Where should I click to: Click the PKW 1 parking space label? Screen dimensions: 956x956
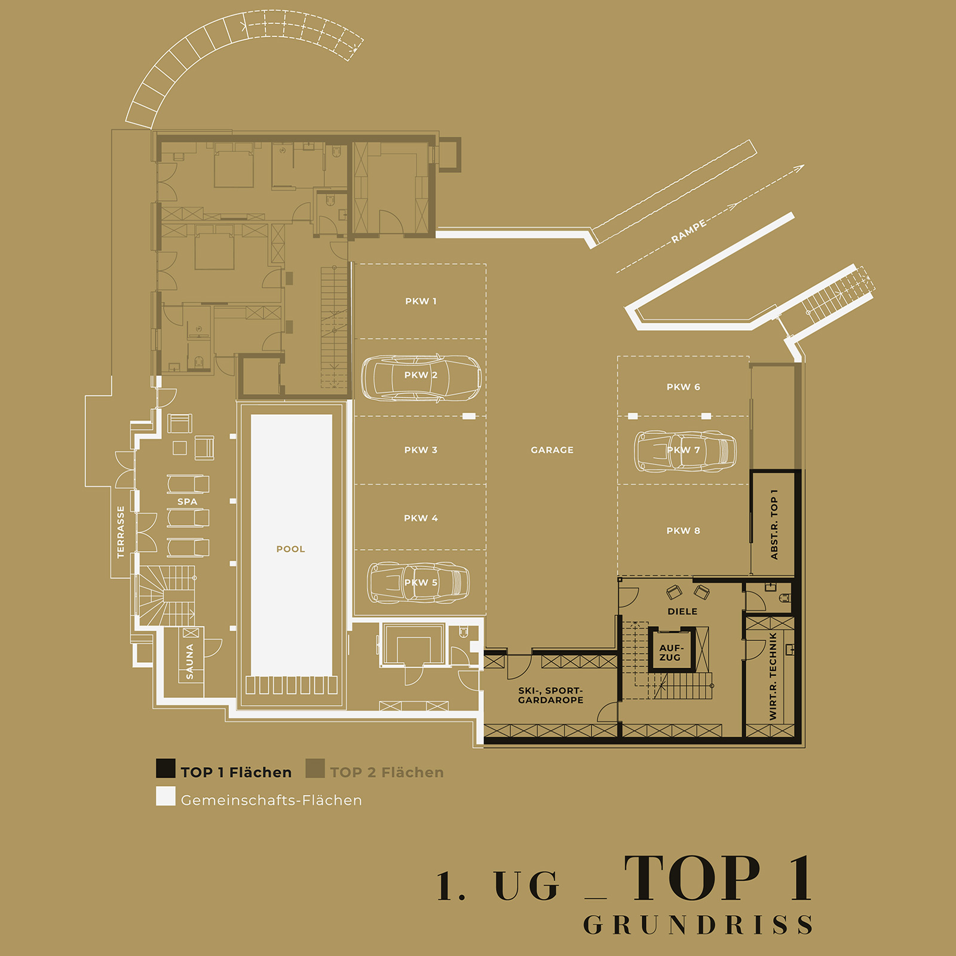click(x=421, y=301)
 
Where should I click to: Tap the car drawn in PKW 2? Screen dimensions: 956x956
click(x=421, y=378)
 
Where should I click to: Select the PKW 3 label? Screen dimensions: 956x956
click(x=421, y=450)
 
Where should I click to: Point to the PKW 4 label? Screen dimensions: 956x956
click(x=421, y=518)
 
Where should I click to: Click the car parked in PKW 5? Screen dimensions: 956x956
click(x=418, y=583)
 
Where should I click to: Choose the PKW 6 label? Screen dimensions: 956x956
click(x=683, y=387)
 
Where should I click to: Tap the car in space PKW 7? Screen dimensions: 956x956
click(x=685, y=451)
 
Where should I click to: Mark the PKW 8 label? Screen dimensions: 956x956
click(x=683, y=531)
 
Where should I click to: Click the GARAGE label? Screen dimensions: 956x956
click(x=552, y=450)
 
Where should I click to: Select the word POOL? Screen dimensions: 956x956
click(x=290, y=549)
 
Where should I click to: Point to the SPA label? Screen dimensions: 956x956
click(x=187, y=502)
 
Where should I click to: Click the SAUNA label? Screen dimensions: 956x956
click(x=190, y=661)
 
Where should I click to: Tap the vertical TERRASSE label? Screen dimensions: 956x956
click(x=121, y=532)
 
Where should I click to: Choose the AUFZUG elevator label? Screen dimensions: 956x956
click(x=670, y=652)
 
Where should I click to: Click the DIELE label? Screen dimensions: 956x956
click(x=682, y=611)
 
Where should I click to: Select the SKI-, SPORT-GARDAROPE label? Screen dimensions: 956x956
click(x=550, y=695)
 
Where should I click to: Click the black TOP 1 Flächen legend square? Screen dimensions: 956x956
click(x=166, y=768)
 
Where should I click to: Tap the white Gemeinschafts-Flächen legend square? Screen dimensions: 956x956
click(x=166, y=796)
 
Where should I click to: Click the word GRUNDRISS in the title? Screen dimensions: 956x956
click(x=697, y=925)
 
